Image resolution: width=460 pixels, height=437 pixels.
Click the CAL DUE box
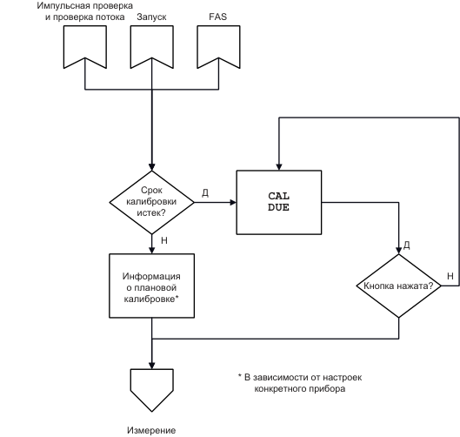coord(279,202)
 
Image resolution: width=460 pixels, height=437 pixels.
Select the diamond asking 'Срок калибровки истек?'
coord(151,202)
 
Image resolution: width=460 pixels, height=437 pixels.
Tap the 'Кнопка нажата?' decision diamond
coord(398,286)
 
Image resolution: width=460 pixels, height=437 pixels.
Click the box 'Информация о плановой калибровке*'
coord(151,286)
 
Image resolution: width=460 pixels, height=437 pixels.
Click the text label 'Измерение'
coord(151,430)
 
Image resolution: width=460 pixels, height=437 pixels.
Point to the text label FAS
coord(218,17)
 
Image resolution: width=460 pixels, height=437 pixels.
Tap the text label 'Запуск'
coord(151,17)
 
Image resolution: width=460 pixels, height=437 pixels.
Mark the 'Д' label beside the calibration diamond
coord(205,193)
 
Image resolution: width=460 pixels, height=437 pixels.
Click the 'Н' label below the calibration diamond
coord(164,240)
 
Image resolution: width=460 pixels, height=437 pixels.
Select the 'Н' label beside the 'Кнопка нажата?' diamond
coord(450,276)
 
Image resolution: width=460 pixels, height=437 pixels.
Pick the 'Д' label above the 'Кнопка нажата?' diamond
coord(407,245)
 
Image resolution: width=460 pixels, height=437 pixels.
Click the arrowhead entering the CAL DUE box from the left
coord(233,202)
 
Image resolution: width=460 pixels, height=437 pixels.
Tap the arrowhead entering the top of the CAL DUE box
coord(279,167)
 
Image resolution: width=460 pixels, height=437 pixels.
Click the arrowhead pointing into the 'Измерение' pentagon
coord(151,366)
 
